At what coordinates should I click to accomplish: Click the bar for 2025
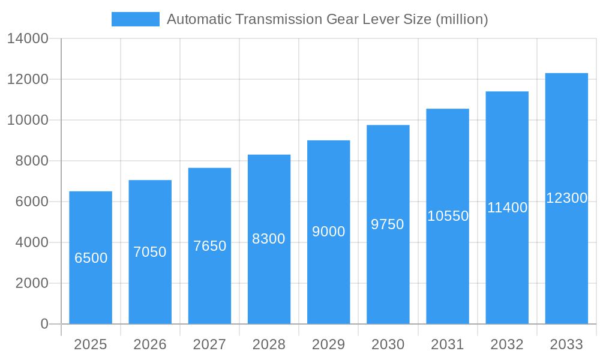point(91,257)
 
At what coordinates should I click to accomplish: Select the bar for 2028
point(269,239)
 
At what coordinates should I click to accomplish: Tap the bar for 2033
point(566,199)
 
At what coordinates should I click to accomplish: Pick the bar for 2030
point(388,224)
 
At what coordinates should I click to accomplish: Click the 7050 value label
point(150,252)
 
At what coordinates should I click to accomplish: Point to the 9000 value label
point(329,232)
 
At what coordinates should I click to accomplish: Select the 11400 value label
point(507,208)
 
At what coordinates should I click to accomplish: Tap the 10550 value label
point(448,216)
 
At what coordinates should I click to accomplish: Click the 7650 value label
point(209,246)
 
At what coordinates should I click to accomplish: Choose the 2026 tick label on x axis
point(150,344)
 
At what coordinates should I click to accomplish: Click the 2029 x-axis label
point(329,344)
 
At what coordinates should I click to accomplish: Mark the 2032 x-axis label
point(507,344)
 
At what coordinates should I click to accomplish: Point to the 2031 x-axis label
point(448,344)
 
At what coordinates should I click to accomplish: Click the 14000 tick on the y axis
point(27,39)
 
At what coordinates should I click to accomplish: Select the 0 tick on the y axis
point(44,324)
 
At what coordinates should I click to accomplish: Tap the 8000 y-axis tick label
point(31,161)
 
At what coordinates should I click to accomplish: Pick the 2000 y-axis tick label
point(31,283)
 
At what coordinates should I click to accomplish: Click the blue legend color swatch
point(136,19)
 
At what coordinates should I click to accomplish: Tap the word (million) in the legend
point(461,19)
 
